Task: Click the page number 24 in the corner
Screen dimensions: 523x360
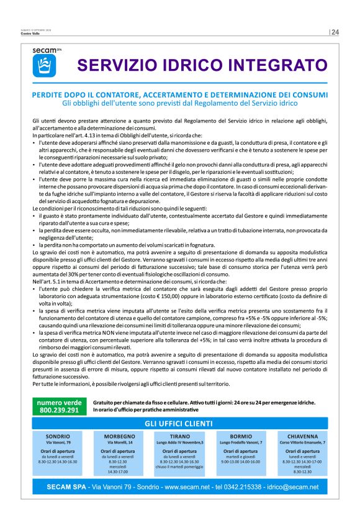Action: pos(335,32)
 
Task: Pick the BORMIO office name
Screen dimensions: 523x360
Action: pos(241,436)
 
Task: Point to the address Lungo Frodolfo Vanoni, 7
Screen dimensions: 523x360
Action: pos(241,442)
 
